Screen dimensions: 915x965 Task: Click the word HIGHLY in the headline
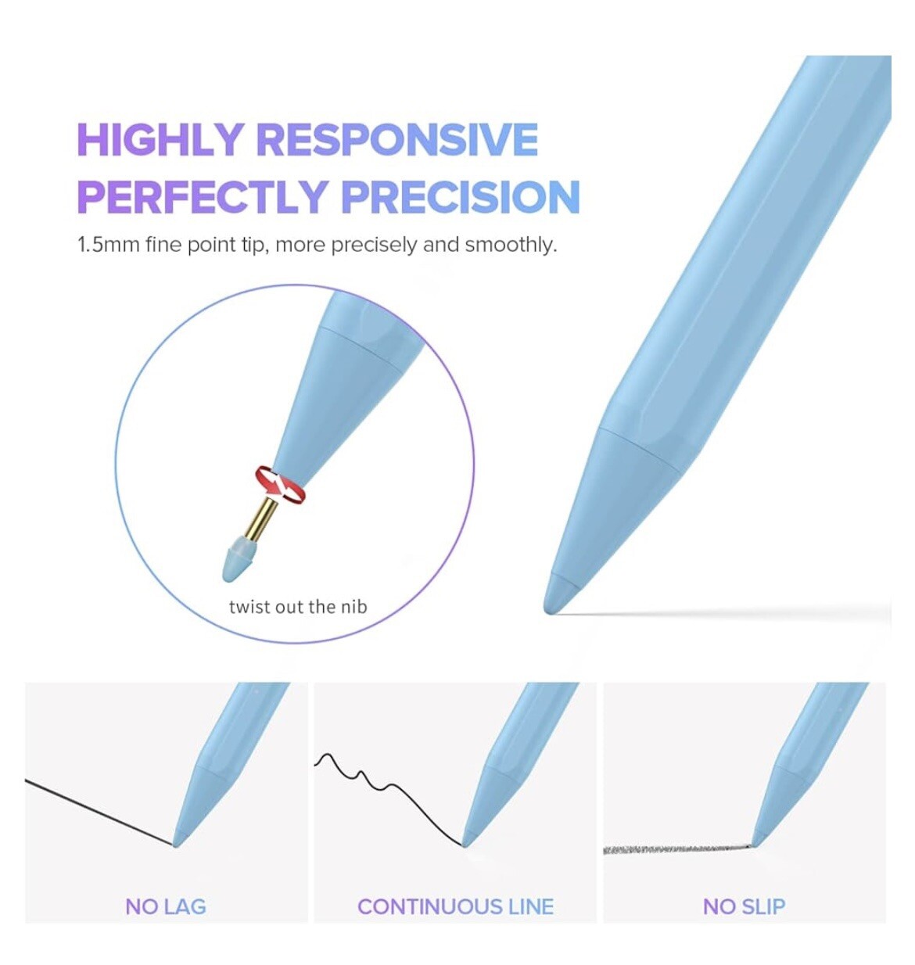pyautogui.click(x=160, y=140)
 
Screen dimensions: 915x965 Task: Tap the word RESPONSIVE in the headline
pyautogui.click(x=397, y=140)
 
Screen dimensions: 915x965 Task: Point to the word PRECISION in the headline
pyautogui.click(x=461, y=196)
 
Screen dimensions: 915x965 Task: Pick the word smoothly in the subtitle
pyautogui.click(x=511, y=245)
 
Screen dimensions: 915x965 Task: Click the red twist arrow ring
pyautogui.click(x=280, y=485)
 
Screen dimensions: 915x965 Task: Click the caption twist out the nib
pyautogui.click(x=298, y=607)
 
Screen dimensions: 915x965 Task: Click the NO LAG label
pyautogui.click(x=166, y=906)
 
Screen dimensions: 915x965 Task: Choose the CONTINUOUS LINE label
pyautogui.click(x=455, y=906)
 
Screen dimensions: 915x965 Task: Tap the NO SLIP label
pyautogui.click(x=745, y=906)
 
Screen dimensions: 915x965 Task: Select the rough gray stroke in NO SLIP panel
pyautogui.click(x=677, y=848)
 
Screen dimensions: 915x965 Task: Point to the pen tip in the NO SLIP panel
pyautogui.click(x=755, y=842)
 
